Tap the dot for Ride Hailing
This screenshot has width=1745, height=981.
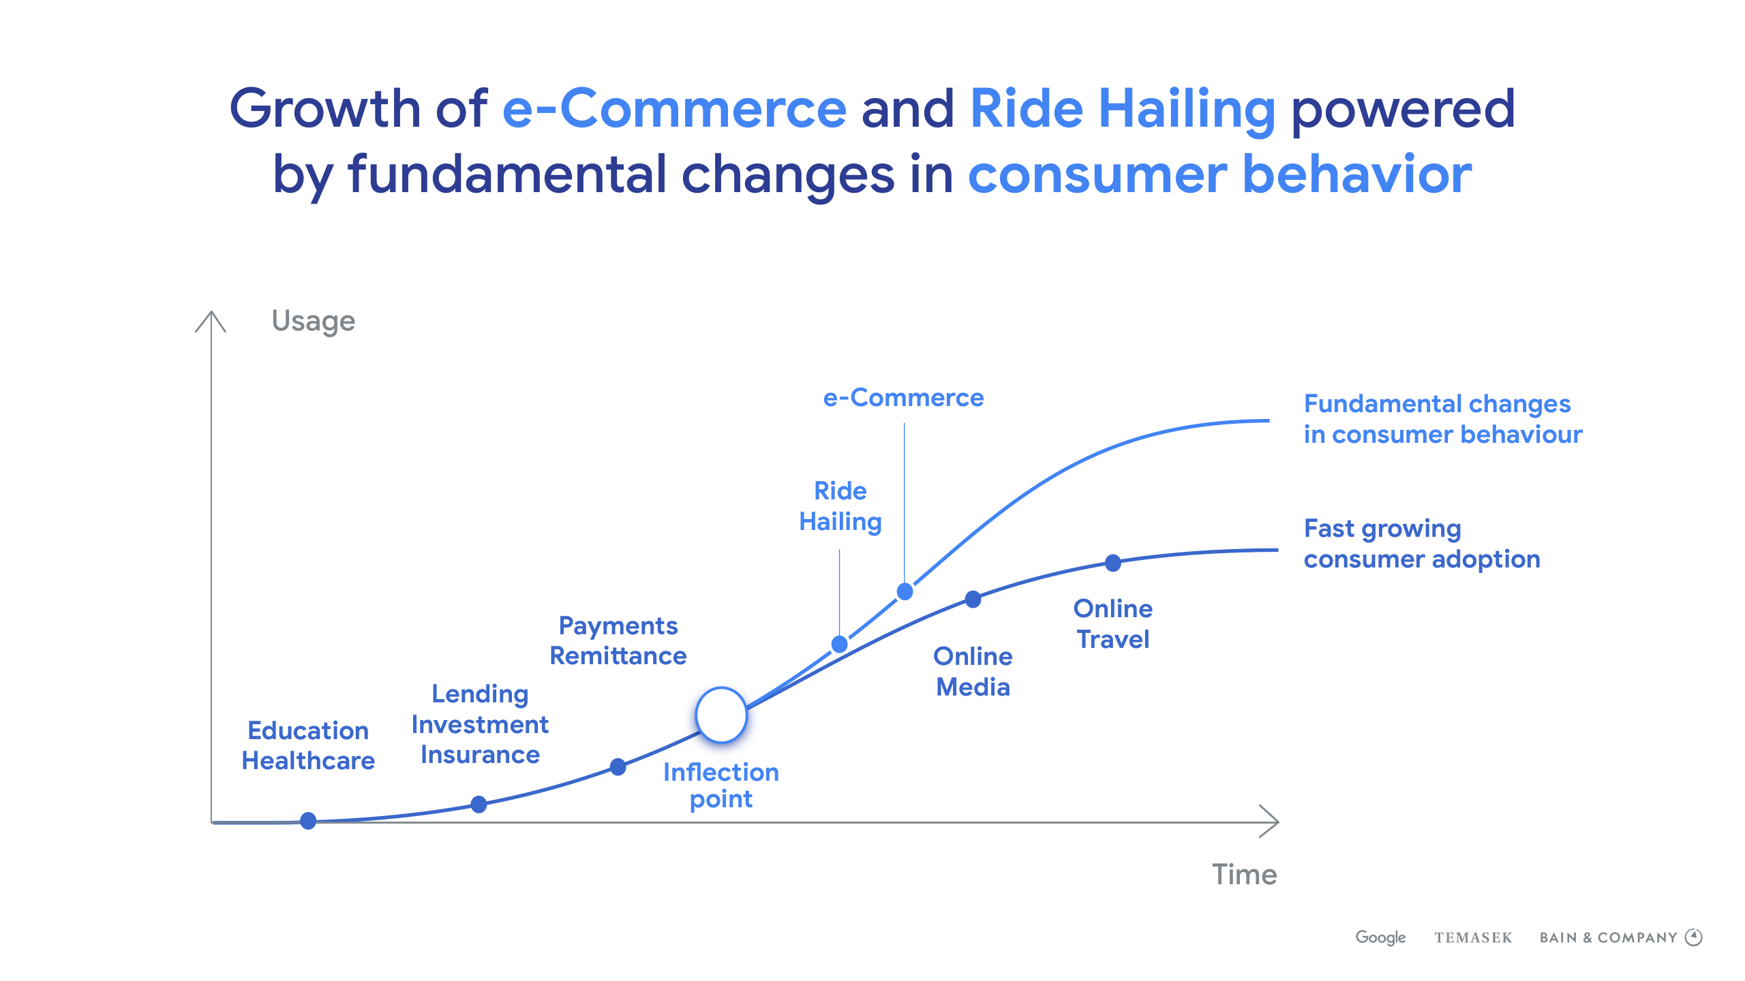coord(840,644)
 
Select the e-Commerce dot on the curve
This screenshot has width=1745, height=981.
coord(905,591)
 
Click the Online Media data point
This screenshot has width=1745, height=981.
coord(973,599)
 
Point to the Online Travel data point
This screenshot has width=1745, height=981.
coord(1112,563)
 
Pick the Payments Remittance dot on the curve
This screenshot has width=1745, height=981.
coord(618,767)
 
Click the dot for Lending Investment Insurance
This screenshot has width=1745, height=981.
coord(479,805)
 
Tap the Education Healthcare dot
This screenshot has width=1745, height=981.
coord(308,821)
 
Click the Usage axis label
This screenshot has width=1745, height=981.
coord(314,321)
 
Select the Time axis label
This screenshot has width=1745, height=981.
coord(1244,874)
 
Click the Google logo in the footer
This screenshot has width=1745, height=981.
coord(1380,937)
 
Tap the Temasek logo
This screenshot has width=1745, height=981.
coord(1473,938)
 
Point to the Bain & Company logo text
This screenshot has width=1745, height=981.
coord(1608,938)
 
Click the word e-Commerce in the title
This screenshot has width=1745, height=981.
coord(674,108)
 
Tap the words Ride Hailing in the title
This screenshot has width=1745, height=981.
coord(1122,111)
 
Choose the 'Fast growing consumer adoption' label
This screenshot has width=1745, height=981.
coord(1422,544)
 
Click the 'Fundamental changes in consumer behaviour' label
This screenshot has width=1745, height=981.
coord(1443,419)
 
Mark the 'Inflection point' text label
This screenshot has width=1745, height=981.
coord(721,785)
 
